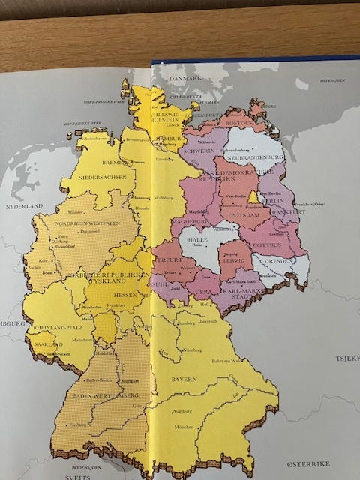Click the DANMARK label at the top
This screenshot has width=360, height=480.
pyautogui.click(x=184, y=78)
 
